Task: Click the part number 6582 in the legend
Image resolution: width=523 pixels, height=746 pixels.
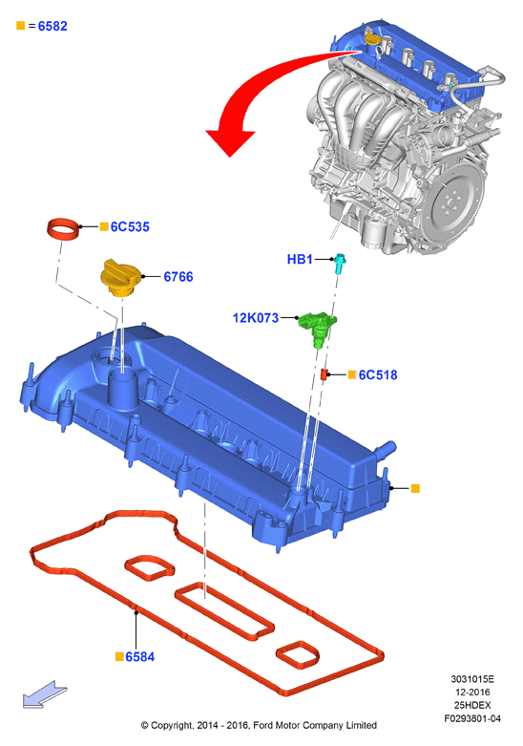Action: pos(52,26)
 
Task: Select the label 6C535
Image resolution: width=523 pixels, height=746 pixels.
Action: pos(130,227)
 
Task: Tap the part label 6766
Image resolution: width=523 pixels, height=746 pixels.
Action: pos(178,277)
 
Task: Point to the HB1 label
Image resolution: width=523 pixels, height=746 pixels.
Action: pos(300,259)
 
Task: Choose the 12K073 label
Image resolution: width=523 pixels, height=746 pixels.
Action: pos(256,318)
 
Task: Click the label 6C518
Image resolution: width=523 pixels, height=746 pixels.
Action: pos(378,374)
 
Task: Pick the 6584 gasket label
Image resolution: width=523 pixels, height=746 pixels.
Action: pos(140,657)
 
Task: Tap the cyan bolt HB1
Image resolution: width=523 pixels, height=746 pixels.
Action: pos(341,264)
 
